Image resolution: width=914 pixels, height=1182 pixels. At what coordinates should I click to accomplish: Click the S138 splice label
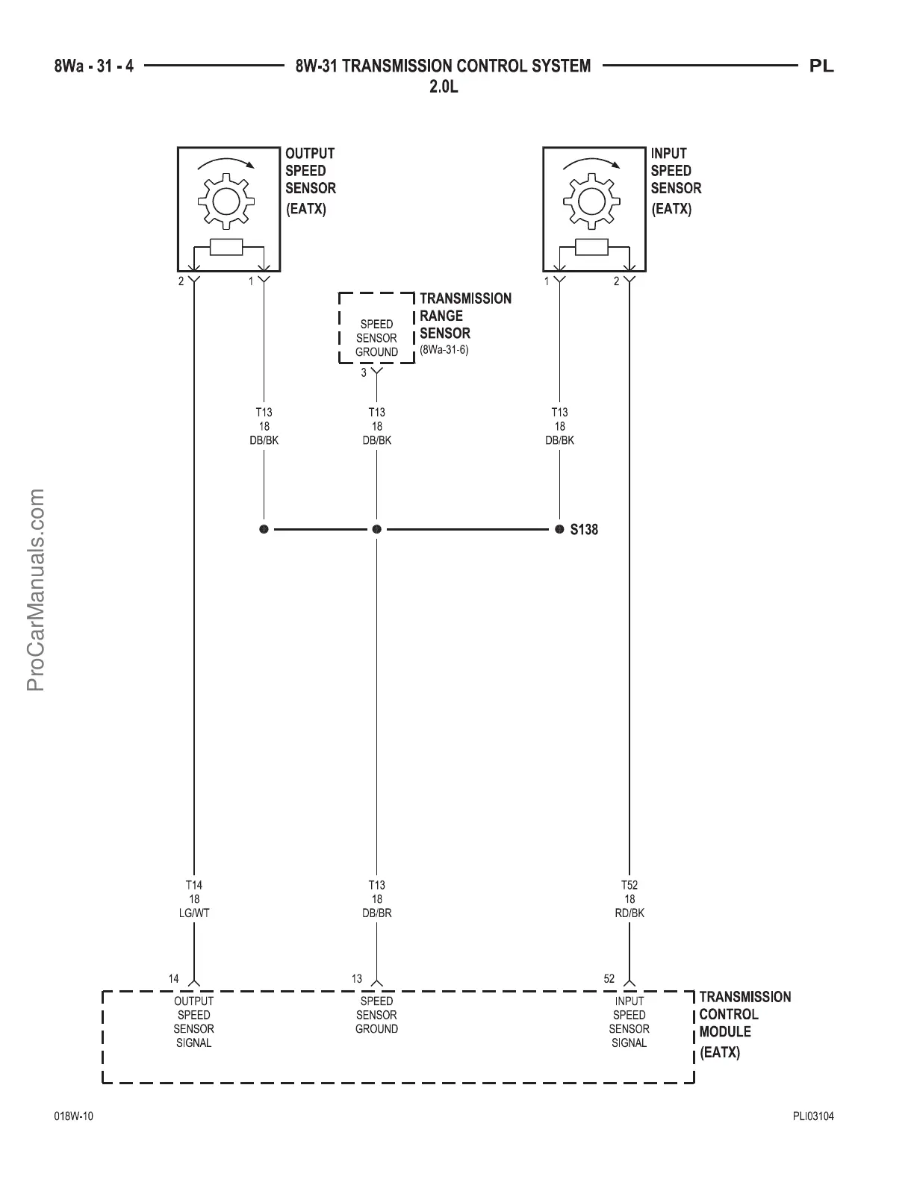point(584,530)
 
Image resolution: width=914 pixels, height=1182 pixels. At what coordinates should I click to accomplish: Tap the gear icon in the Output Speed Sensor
point(226,200)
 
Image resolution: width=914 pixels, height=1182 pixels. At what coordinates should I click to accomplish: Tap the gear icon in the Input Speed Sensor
point(591,200)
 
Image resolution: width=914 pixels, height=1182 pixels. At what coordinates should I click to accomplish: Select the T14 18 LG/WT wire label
point(193,899)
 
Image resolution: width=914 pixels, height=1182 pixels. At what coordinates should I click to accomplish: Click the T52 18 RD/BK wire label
point(629,899)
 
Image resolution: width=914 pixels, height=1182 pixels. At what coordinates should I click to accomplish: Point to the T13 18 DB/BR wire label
point(376,899)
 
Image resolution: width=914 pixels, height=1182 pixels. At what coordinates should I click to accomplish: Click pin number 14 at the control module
point(174,978)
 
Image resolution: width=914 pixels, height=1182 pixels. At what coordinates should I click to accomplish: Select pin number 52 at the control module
point(609,978)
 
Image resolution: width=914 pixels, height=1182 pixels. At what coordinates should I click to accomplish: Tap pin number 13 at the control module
point(357,978)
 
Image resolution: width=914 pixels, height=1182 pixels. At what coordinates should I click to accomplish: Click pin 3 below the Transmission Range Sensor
point(364,372)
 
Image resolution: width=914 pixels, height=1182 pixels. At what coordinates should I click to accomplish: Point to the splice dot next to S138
point(559,529)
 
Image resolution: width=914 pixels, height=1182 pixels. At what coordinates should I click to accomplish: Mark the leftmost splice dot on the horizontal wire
point(264,529)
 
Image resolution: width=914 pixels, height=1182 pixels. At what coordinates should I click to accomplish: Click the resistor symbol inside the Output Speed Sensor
point(226,247)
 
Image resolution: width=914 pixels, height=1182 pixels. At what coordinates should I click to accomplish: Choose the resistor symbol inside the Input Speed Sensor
point(591,247)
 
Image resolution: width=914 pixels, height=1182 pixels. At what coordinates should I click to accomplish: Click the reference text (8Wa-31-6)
point(444,349)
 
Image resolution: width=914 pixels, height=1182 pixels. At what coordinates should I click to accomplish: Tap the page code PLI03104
point(813,1117)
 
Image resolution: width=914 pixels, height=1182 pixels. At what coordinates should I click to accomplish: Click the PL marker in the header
point(821,66)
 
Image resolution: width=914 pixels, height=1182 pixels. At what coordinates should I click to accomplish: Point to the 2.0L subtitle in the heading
point(444,87)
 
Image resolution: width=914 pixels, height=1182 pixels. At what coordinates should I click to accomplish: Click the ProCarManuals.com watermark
point(36,590)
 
